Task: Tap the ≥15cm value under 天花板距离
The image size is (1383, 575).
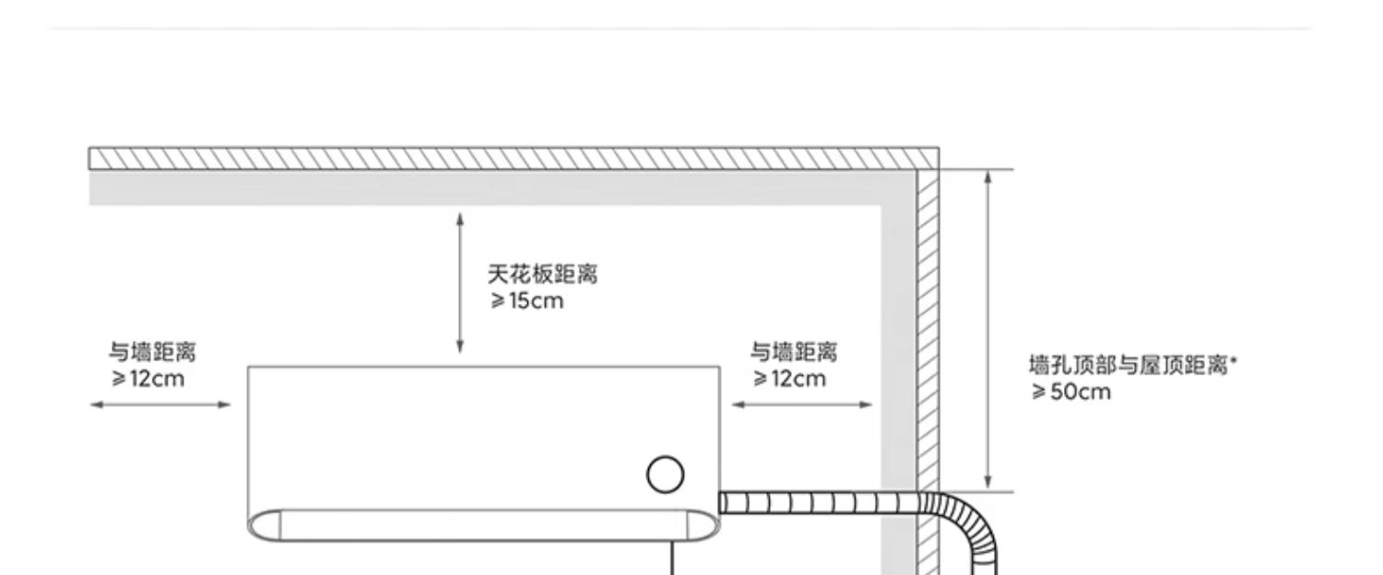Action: pyautogui.click(x=526, y=300)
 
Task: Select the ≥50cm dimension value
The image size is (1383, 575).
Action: pyautogui.click(x=1070, y=393)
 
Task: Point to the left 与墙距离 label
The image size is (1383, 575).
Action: pyautogui.click(x=152, y=352)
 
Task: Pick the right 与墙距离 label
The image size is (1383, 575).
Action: pyautogui.click(x=793, y=352)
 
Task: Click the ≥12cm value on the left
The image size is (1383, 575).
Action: pyautogui.click(x=148, y=379)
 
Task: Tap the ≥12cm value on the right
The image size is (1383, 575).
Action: pyautogui.click(x=789, y=379)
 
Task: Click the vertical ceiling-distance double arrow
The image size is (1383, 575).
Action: pyautogui.click(x=460, y=282)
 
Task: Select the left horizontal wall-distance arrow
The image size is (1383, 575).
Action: pyautogui.click(x=160, y=404)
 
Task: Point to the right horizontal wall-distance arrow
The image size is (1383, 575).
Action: pyautogui.click(x=801, y=404)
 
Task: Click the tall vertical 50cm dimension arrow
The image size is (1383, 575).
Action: pyautogui.click(x=987, y=329)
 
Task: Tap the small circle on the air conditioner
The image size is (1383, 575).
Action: pyautogui.click(x=665, y=475)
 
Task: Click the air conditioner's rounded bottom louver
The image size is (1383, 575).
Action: pyautogui.click(x=479, y=525)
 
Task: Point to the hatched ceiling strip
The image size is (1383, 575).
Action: pyautogui.click(x=513, y=158)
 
